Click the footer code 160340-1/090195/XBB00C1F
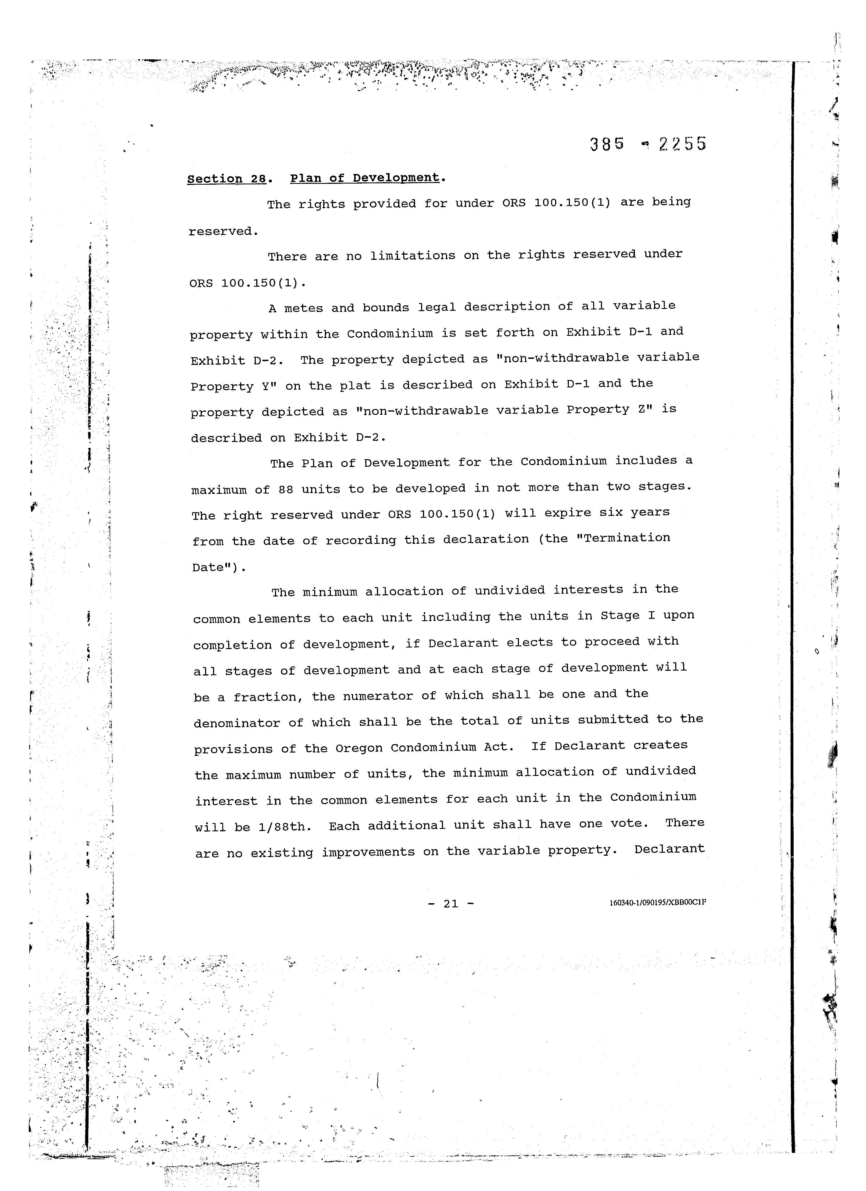(658, 903)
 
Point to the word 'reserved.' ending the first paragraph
(224, 232)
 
